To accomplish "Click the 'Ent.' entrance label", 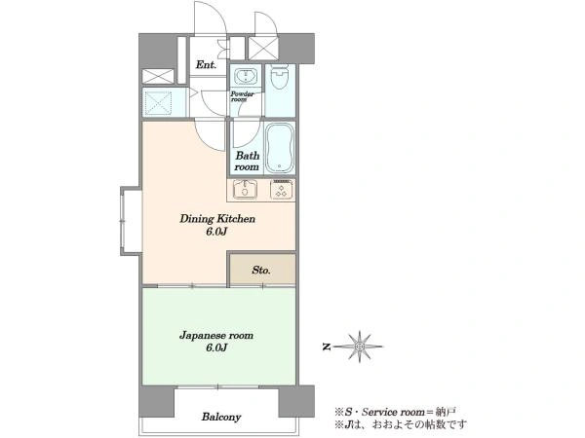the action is pyautogui.click(x=206, y=65).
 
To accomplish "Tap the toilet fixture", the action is pyautogui.click(x=280, y=76).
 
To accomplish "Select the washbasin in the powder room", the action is pyautogui.click(x=245, y=76).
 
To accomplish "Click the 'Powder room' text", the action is pyautogui.click(x=242, y=96).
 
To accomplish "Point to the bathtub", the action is pyautogui.click(x=280, y=148).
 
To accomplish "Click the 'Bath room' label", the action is pyautogui.click(x=247, y=161).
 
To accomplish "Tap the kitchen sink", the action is pyautogui.click(x=245, y=190).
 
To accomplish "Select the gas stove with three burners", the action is pyautogui.click(x=282, y=190).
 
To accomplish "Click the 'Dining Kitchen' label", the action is pyautogui.click(x=217, y=218).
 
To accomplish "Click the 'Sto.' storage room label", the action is pyautogui.click(x=261, y=270).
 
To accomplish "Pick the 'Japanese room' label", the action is pyautogui.click(x=216, y=335).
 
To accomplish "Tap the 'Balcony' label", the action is pyautogui.click(x=221, y=417).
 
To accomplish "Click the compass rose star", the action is pyautogui.click(x=359, y=347).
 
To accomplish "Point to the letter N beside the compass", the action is pyautogui.click(x=327, y=347).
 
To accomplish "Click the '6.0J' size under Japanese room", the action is pyautogui.click(x=216, y=347).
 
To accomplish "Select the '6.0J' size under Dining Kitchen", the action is pyautogui.click(x=216, y=232).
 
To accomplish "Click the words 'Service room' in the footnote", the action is pyautogui.click(x=394, y=412).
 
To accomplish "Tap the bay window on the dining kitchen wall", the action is pyautogui.click(x=131, y=221).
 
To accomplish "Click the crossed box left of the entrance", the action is pyautogui.click(x=158, y=76).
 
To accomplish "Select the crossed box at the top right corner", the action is pyautogui.click(x=263, y=48).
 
